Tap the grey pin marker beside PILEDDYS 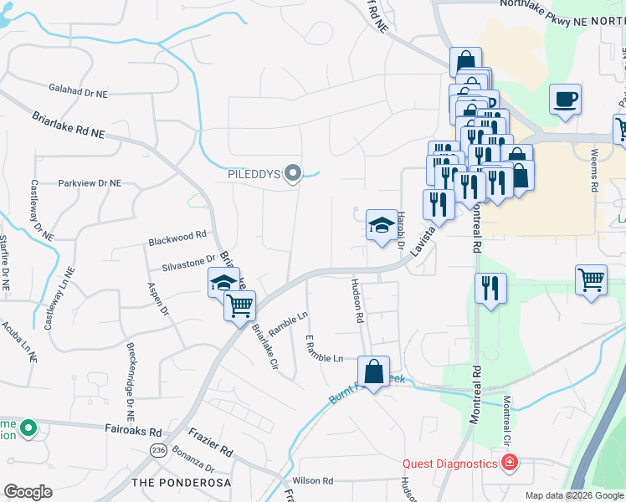[293, 174]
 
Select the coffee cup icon [565, 100]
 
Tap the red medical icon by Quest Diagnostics [509, 463]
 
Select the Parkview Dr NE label [90, 182]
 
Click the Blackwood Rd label [177, 238]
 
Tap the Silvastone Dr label [189, 264]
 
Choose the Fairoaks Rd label [133, 431]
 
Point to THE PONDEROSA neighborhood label [180, 483]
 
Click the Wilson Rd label [313, 481]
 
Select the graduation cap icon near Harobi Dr [382, 225]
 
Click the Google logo [28, 492]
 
